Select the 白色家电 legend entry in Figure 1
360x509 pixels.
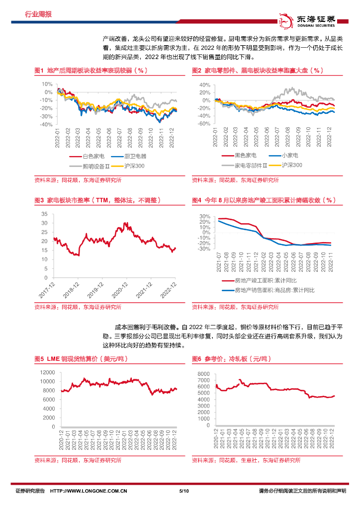(x=87, y=156)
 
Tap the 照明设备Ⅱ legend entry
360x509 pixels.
(x=86, y=165)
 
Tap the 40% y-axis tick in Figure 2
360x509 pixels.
(x=205, y=85)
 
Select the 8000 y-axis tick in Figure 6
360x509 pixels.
(x=205, y=373)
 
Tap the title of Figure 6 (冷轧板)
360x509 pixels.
(x=226, y=358)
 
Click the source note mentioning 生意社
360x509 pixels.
(x=246, y=460)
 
